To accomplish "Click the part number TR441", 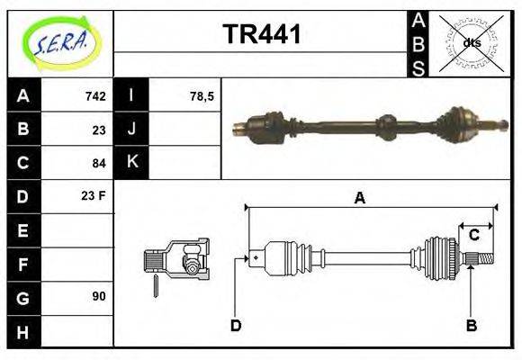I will tap(261, 35).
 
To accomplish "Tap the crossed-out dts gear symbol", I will tap(471, 42).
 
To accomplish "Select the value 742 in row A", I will tap(96, 96).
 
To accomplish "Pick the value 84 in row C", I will tap(99, 163).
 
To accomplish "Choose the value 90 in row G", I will tap(99, 296).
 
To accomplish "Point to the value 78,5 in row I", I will tap(202, 96).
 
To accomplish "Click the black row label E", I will tap(22, 230).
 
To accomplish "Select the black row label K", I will tap(132, 163).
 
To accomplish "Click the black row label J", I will tap(132, 130).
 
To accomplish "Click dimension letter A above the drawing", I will tap(359, 199).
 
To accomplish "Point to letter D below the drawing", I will tap(236, 325).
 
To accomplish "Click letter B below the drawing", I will tap(471, 325).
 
